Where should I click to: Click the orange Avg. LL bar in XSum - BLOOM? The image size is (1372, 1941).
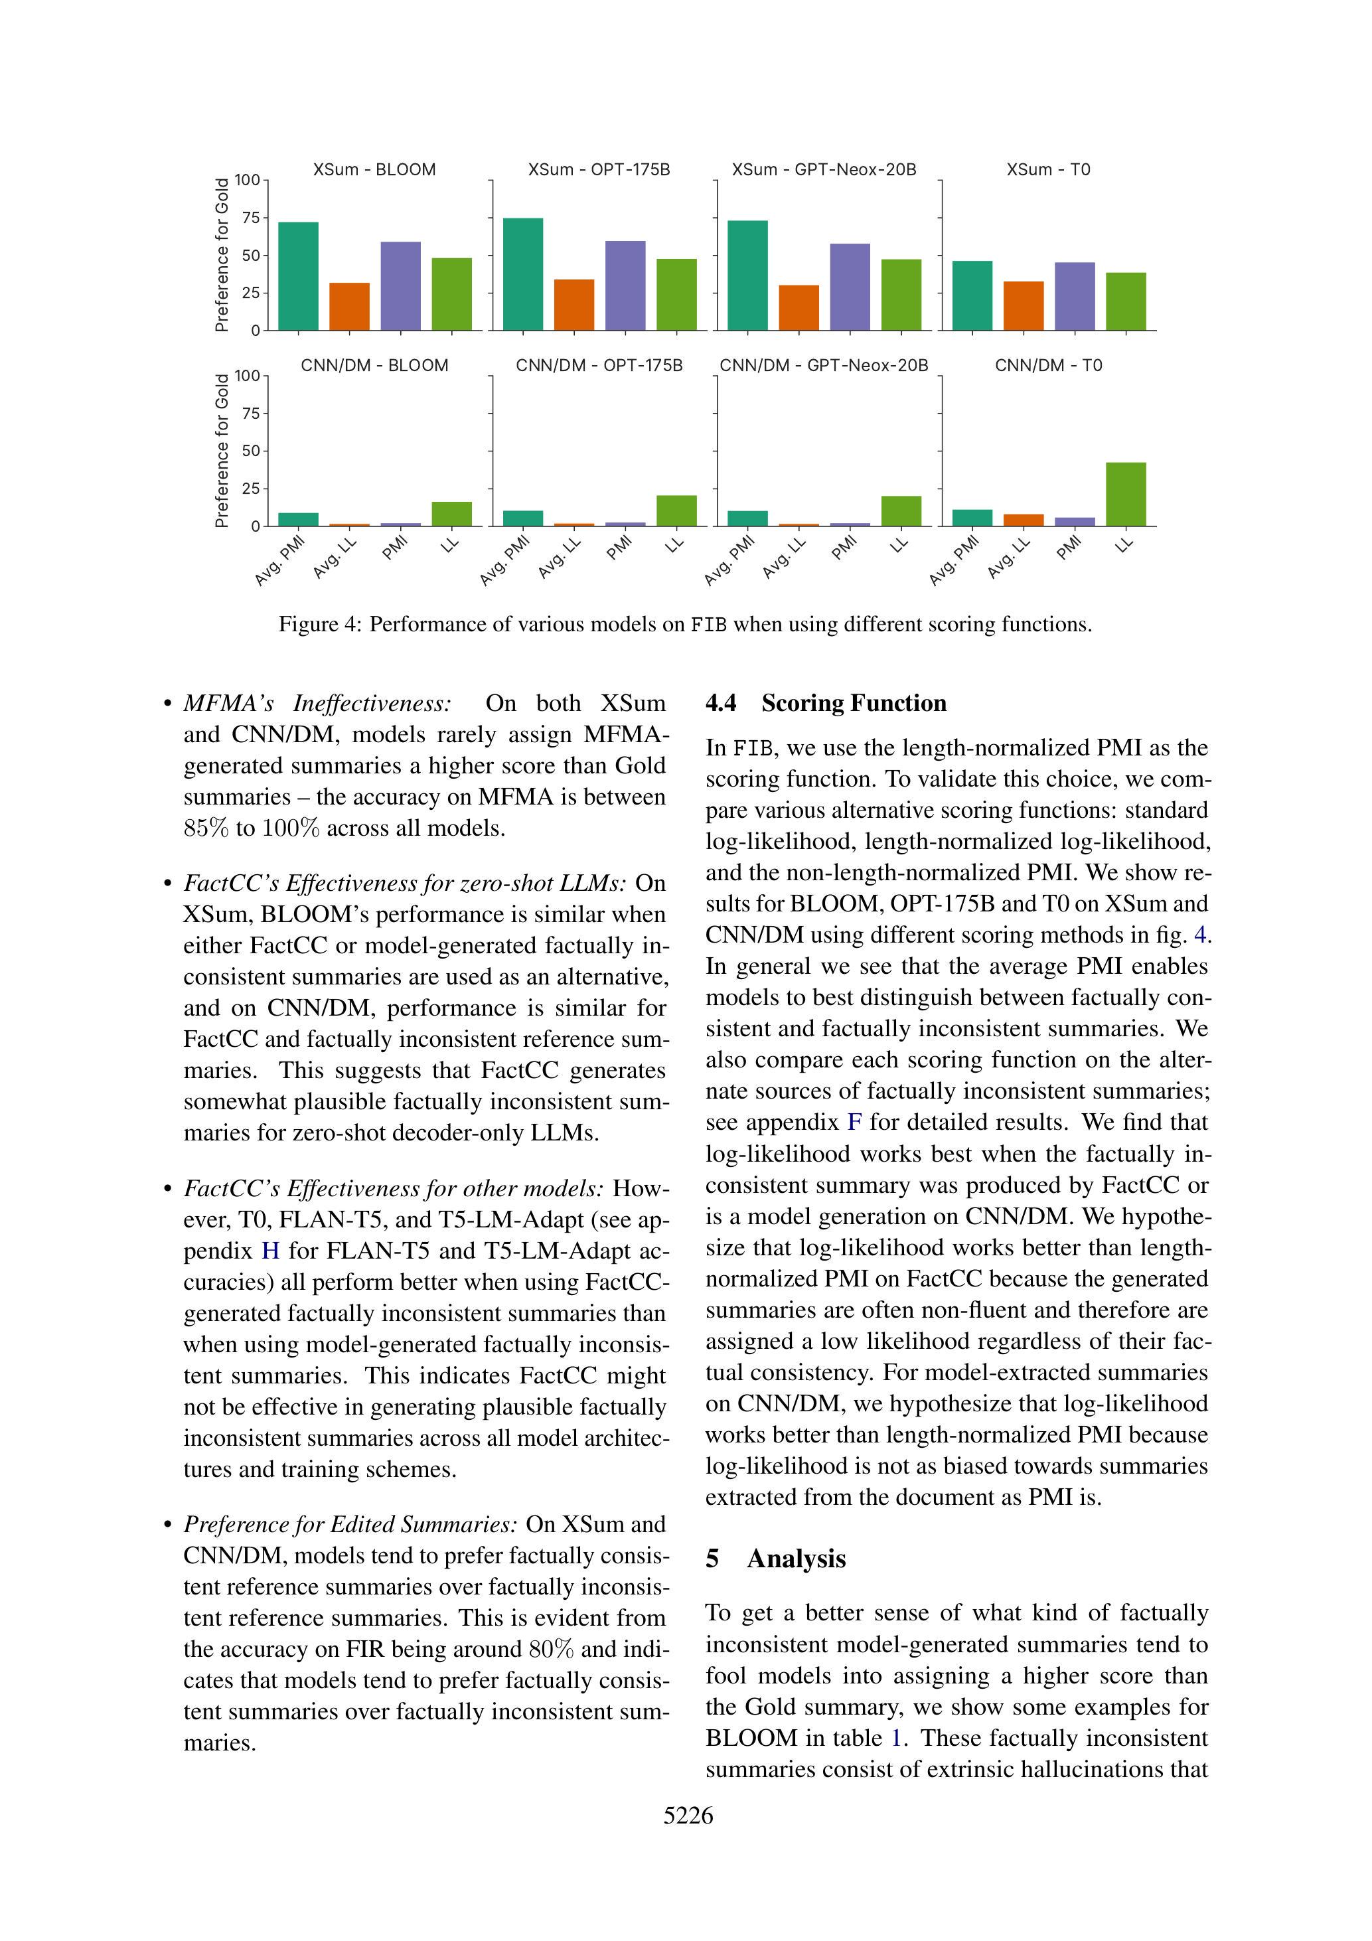tap(349, 306)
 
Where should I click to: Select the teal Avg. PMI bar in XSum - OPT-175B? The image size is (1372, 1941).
tap(522, 274)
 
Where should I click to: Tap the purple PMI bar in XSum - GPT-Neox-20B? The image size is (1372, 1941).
tap(850, 287)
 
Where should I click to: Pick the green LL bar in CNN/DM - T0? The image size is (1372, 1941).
tap(1125, 494)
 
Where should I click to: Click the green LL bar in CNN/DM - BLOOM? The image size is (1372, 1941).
tap(451, 513)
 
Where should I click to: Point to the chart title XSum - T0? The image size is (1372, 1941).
tap(1047, 170)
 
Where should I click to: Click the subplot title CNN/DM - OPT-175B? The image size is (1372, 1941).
tap(599, 365)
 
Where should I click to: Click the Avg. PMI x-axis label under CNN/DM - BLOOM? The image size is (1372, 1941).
tap(280, 560)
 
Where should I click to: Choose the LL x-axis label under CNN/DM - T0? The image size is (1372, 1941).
tap(1124, 545)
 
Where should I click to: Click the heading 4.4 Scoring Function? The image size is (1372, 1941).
tap(825, 704)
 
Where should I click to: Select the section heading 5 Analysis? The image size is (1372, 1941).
tap(775, 1558)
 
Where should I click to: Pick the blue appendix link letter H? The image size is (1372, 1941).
tap(271, 1251)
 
